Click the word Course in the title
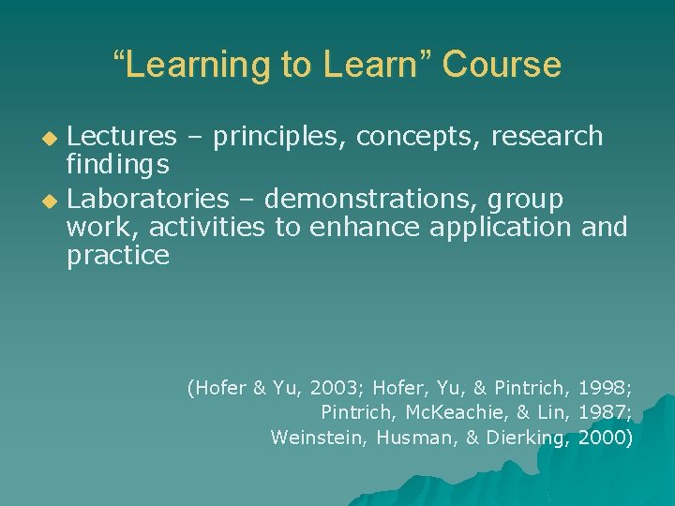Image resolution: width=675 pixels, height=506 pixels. pos(502,65)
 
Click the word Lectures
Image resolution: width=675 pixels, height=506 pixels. pos(122,137)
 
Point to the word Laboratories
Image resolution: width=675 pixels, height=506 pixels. pos(148,199)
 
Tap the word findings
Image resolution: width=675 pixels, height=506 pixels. pos(117,166)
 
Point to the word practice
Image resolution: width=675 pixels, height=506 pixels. pos(118,255)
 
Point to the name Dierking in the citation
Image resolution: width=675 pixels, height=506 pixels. pos(528,437)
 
